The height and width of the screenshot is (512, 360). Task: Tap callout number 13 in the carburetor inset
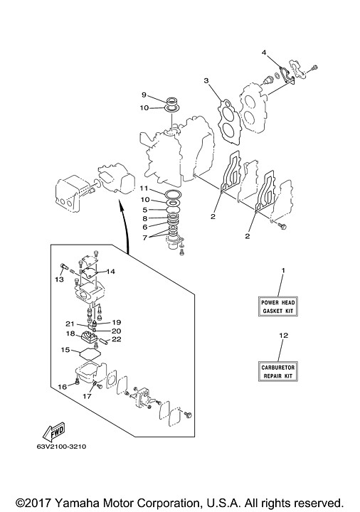click(59, 279)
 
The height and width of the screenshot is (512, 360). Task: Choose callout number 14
click(110, 271)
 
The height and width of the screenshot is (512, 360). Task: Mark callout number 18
click(70, 333)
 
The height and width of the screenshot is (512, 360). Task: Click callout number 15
click(64, 350)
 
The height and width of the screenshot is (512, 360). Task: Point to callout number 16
click(63, 386)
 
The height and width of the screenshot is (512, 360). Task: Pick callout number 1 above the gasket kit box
click(283, 271)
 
